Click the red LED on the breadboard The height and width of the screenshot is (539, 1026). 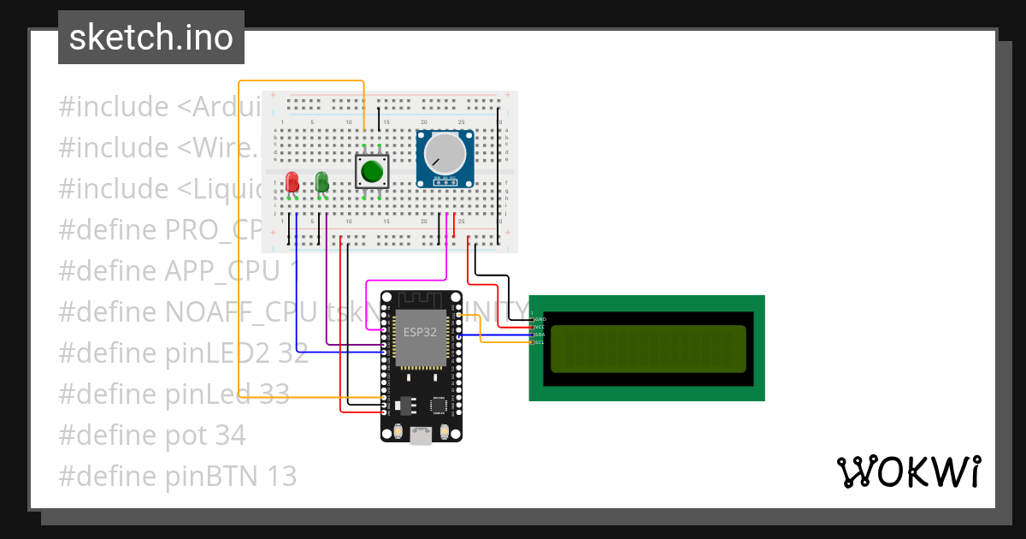point(292,182)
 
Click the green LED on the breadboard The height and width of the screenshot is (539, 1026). point(321,181)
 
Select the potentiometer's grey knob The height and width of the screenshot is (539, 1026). point(441,153)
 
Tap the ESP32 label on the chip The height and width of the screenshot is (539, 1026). point(420,330)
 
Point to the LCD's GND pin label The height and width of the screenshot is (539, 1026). point(540,318)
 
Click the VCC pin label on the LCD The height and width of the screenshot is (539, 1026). point(540,327)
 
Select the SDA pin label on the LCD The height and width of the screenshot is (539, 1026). point(540,335)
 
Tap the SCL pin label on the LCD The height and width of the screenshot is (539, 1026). point(540,342)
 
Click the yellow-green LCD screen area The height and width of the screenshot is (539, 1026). point(647,348)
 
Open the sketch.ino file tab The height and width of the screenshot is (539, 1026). point(151,38)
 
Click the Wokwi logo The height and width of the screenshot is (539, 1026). point(908,471)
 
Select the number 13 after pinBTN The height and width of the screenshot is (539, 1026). point(278,477)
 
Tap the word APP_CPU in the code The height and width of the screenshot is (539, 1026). point(221,271)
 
